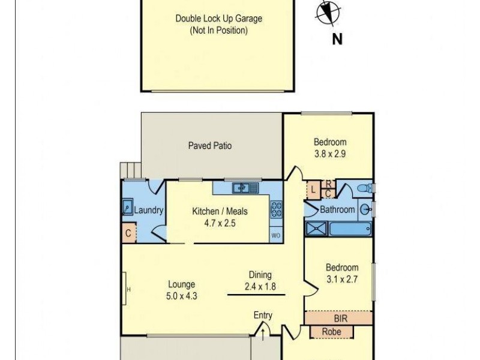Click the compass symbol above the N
tap(327, 13)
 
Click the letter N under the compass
tap(337, 40)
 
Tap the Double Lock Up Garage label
tap(218, 19)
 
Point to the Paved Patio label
tap(210, 146)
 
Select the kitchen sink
tap(245, 188)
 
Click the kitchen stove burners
tap(277, 209)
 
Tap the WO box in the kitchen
tap(276, 235)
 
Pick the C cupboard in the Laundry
tap(128, 233)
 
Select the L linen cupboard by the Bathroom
tap(313, 190)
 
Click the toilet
tap(364, 188)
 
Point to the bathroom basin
tap(365, 209)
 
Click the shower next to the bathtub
tap(317, 228)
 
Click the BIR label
tap(340, 318)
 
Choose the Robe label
tap(332, 331)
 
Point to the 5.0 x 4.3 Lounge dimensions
tap(181, 296)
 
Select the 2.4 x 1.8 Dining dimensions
tap(260, 286)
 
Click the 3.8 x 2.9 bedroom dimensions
tap(330, 154)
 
